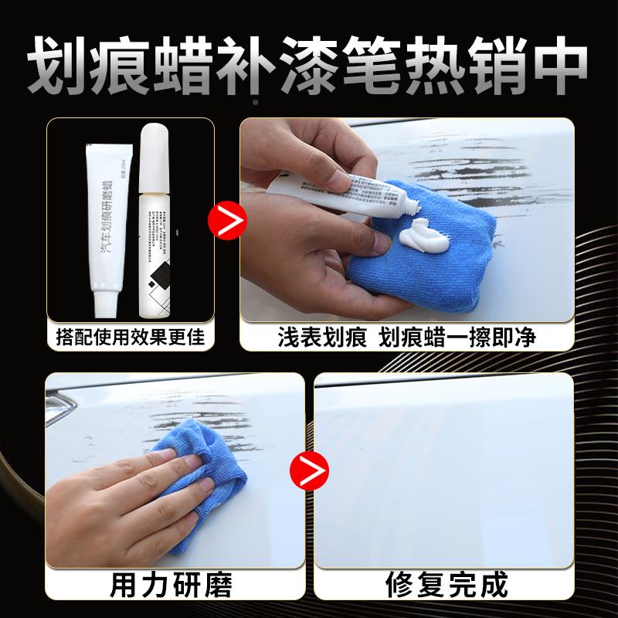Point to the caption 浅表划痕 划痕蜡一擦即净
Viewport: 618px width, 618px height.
pos(407,338)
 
